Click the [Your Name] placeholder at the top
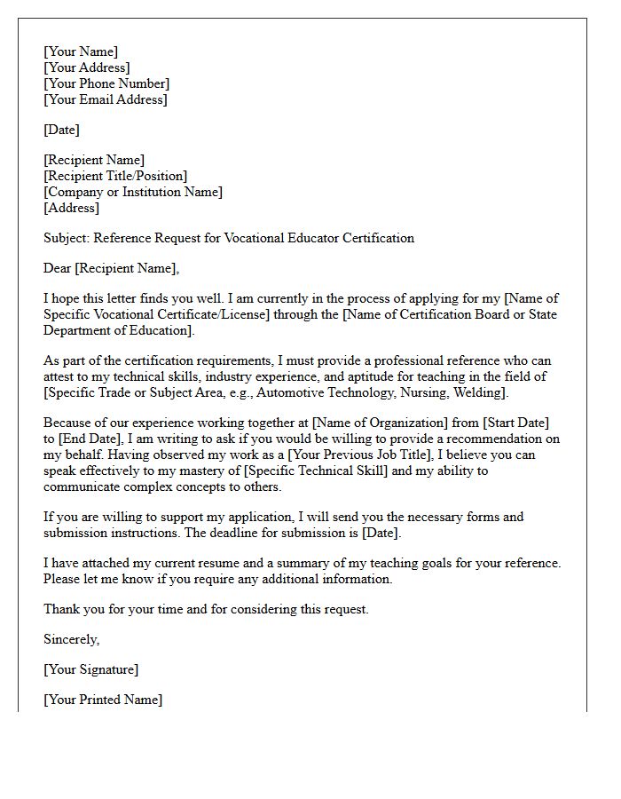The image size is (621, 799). click(x=81, y=51)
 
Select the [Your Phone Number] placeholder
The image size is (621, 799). click(x=106, y=83)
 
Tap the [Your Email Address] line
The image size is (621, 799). click(x=106, y=99)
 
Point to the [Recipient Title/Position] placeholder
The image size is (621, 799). click(x=115, y=176)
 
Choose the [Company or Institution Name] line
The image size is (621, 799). click(x=133, y=192)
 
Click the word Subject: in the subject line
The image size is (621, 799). click(x=67, y=238)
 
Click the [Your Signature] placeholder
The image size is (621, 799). click(x=91, y=669)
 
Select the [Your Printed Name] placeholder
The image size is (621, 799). click(x=103, y=700)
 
